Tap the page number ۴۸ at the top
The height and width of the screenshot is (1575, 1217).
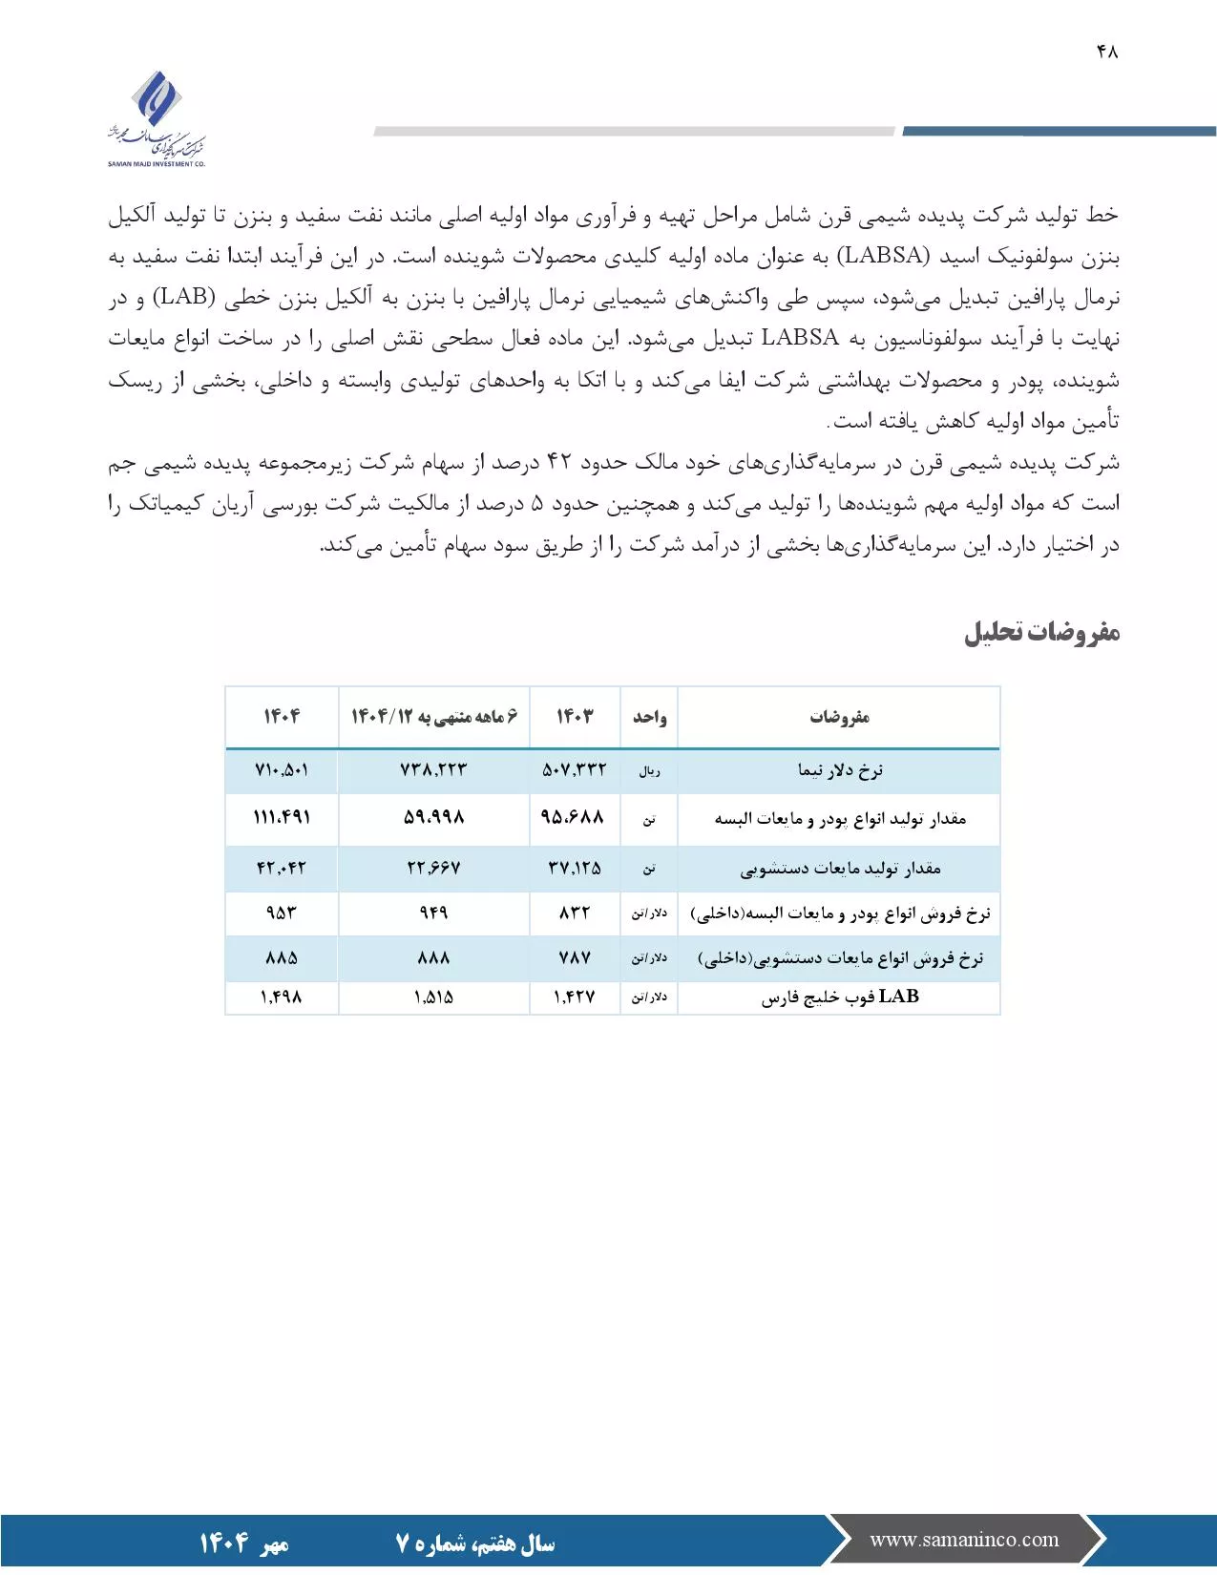pos(1107,52)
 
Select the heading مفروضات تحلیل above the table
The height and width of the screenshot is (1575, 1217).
pos(1041,633)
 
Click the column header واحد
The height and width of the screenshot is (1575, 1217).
pos(649,717)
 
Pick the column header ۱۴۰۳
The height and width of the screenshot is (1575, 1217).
pos(575,717)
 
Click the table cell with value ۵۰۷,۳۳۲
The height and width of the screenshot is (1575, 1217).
pos(575,770)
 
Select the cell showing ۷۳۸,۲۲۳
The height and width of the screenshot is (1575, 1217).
pos(433,770)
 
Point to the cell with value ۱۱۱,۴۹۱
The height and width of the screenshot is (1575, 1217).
pos(282,818)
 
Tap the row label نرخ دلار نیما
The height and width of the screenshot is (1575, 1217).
pos(840,770)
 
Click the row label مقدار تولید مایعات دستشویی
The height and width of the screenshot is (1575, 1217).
pos(840,869)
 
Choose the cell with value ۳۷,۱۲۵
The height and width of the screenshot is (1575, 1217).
pos(575,869)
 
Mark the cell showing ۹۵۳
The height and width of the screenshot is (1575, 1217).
pos(282,913)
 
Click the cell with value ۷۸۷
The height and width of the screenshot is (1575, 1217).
pos(575,958)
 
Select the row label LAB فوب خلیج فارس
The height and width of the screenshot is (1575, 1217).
pos(840,997)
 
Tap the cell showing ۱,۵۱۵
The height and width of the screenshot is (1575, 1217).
pos(433,997)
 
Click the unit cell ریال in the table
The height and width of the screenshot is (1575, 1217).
pos(649,771)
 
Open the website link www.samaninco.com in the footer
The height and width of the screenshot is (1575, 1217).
pos(964,1540)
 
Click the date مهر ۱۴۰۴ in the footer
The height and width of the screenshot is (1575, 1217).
pos(243,1543)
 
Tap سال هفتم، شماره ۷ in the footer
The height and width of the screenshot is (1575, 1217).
pos(474,1543)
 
